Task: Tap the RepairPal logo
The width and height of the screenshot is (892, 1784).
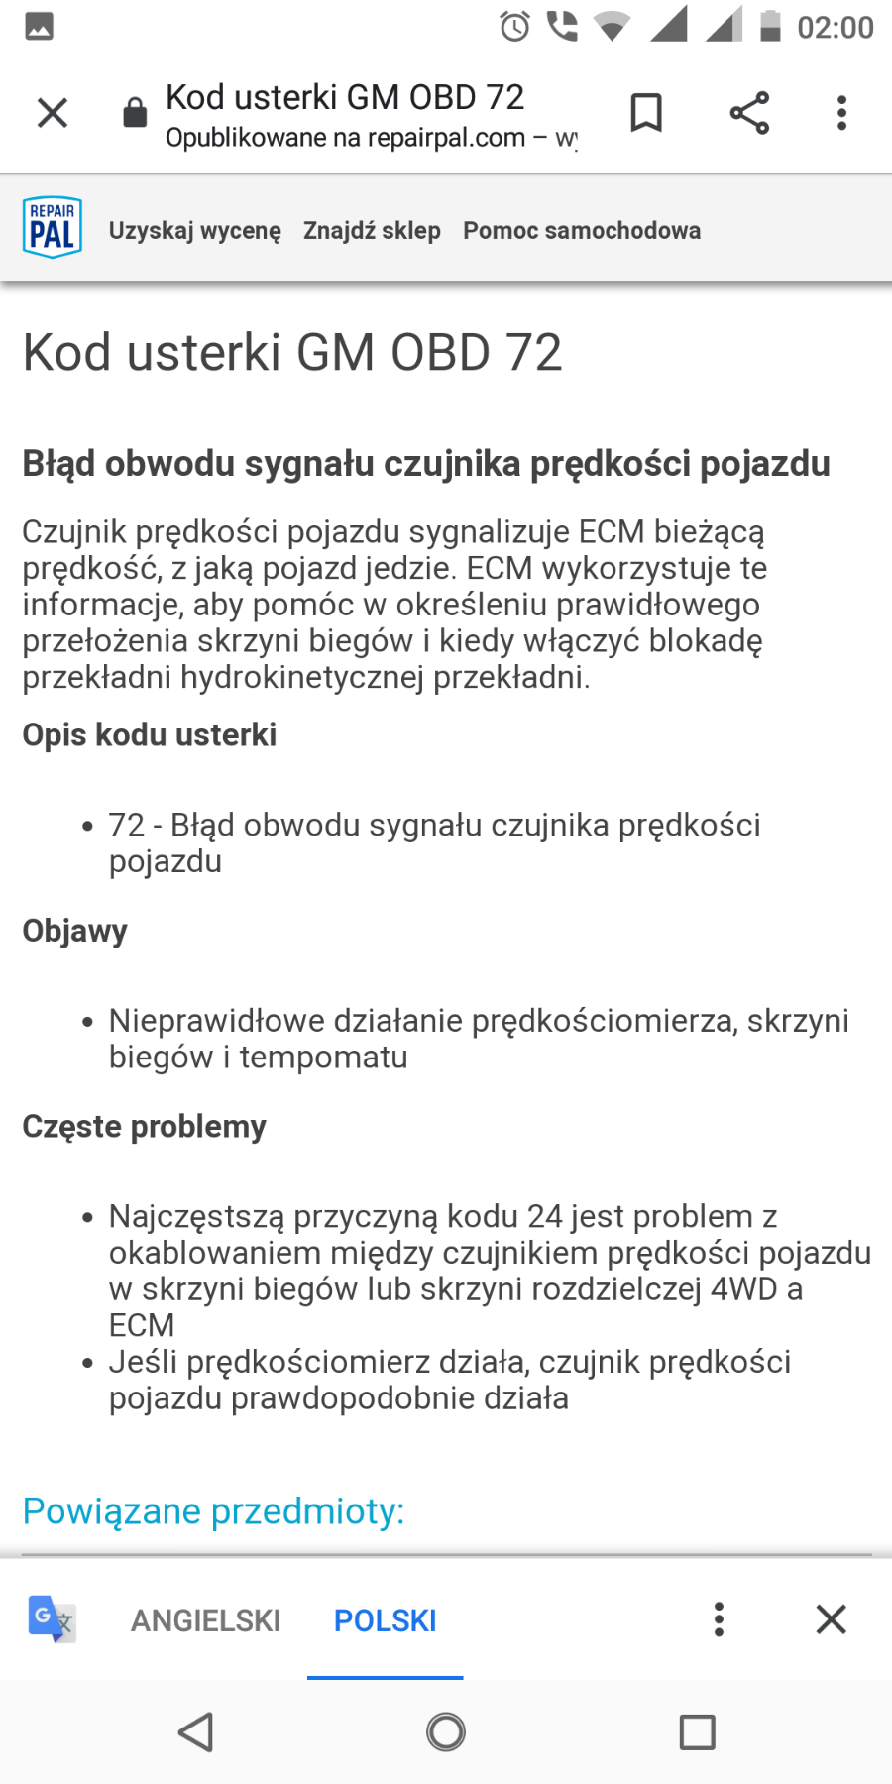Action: (52, 227)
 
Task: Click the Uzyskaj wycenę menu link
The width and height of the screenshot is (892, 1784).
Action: (195, 231)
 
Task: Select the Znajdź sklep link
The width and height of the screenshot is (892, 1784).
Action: (372, 231)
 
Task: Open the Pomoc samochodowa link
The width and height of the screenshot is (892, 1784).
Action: (582, 231)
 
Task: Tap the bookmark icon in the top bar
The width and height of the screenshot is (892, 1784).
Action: (646, 113)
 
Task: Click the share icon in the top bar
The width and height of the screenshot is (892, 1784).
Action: (749, 113)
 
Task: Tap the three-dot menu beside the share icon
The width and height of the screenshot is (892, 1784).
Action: (841, 113)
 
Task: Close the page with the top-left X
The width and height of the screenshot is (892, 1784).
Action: (53, 113)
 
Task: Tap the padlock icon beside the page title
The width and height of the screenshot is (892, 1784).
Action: (135, 113)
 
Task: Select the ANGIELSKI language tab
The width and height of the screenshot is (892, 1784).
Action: (206, 1620)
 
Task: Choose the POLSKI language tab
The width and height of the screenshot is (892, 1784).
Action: (385, 1620)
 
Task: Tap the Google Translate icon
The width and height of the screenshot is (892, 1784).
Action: (52, 1619)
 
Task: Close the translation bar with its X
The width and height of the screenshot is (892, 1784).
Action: (831, 1619)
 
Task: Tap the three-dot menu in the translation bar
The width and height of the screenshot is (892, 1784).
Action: (719, 1619)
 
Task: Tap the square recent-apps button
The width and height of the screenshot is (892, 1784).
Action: (697, 1732)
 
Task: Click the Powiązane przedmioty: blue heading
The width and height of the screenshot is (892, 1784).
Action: (214, 1511)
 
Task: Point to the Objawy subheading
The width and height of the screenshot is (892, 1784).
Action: (75, 931)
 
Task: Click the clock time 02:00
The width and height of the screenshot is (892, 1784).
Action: (835, 27)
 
